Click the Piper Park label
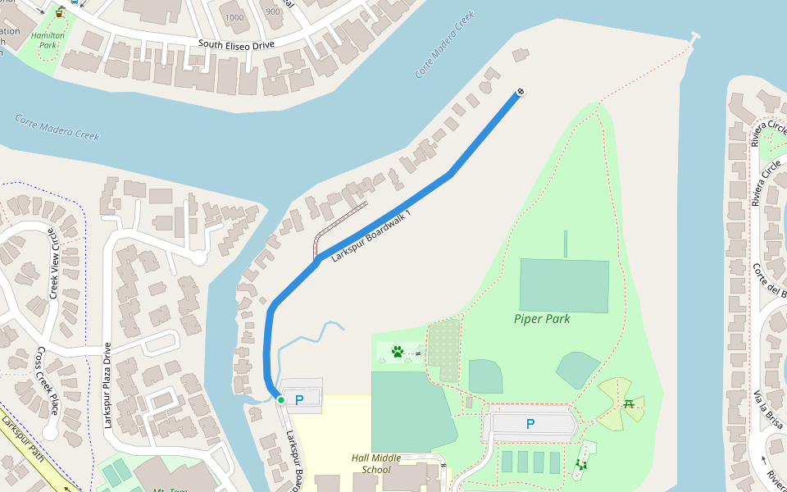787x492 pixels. coord(542,318)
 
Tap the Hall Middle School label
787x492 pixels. coord(376,463)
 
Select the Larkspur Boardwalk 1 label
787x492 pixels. coord(371,235)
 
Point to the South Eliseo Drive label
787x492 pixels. coord(236,44)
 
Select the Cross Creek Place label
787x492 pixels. coord(48,380)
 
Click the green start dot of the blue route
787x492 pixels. coord(280,399)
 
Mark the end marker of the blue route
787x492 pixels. coord(520,92)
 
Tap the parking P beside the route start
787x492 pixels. coord(299,399)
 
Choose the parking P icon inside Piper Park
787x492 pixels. coord(530,424)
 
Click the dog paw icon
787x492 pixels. coord(398,352)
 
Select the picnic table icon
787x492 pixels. coord(629,403)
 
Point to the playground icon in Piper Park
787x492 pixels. coord(582,465)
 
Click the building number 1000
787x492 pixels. coord(234,17)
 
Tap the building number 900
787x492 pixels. coord(273,11)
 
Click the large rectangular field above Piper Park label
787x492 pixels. coord(564,285)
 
